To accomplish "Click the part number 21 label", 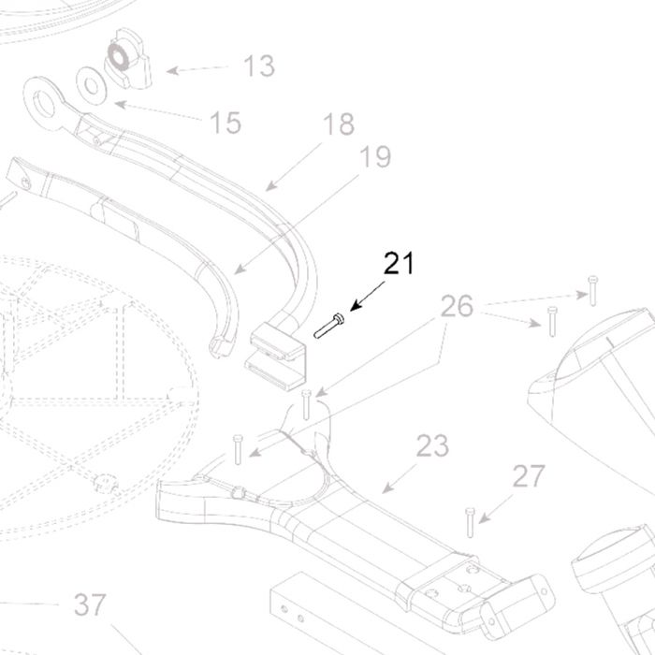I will pyautogui.click(x=398, y=264).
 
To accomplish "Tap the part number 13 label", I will pyautogui.click(x=258, y=66).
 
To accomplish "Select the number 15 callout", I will pyautogui.click(x=226, y=123).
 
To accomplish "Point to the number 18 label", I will pyautogui.click(x=339, y=124).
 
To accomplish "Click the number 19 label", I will pyautogui.click(x=374, y=156).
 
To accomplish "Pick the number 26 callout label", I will pyautogui.click(x=458, y=307).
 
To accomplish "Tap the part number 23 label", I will pyautogui.click(x=432, y=446).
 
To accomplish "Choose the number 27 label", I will pyautogui.click(x=528, y=477).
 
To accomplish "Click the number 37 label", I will pyautogui.click(x=90, y=605).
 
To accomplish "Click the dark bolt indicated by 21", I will pyautogui.click(x=329, y=327).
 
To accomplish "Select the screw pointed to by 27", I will pyautogui.click(x=470, y=521).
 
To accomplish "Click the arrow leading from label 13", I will pyautogui.click(x=200, y=68).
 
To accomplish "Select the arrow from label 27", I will pyautogui.click(x=495, y=506).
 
